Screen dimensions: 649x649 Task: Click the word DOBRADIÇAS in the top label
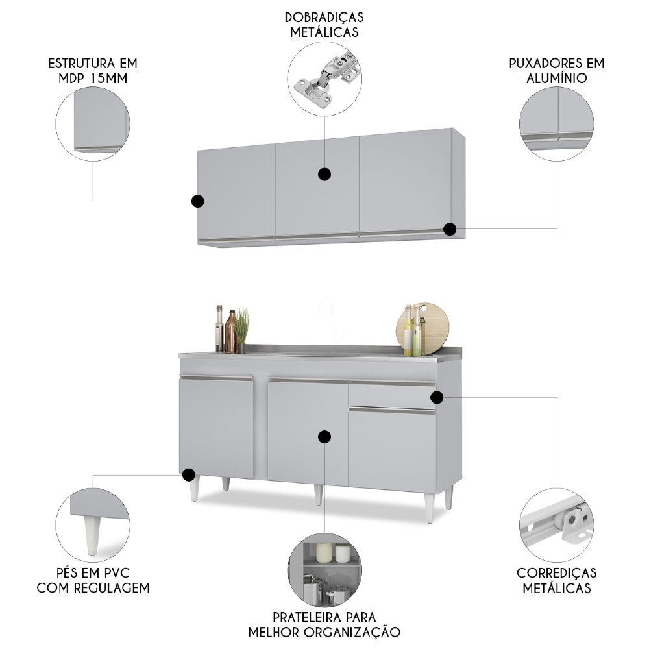(x=324, y=18)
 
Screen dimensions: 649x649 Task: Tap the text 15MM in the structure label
(x=109, y=79)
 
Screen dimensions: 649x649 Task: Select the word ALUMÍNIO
(x=557, y=78)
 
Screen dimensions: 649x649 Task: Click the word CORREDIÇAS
(x=557, y=573)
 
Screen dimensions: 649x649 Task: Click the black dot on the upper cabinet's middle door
(x=324, y=174)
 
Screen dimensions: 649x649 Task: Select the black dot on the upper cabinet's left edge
(x=198, y=201)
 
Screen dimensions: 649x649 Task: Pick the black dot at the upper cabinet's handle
(x=450, y=229)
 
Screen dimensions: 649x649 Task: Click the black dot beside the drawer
(x=437, y=397)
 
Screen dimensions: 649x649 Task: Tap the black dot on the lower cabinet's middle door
(x=324, y=437)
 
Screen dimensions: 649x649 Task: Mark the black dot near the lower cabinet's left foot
(x=189, y=475)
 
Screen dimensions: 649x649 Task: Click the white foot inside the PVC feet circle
(x=93, y=535)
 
